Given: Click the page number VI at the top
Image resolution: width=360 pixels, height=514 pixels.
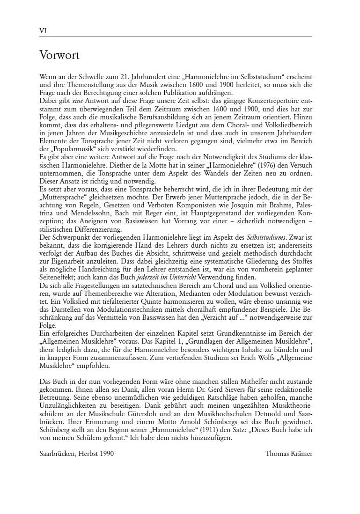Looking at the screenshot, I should point(43,31).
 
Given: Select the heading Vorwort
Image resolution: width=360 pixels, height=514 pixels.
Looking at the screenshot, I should point(59,56).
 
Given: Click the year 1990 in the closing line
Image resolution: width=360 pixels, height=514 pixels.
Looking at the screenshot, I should point(105,453).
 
